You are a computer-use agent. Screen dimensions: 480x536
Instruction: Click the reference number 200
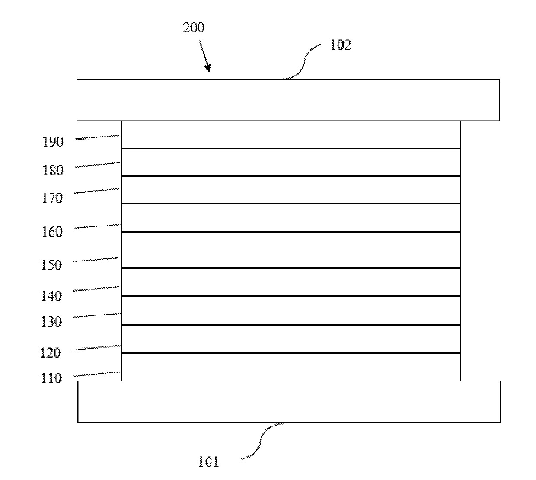pyautogui.click(x=194, y=28)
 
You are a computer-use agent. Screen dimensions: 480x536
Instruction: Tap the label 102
pyautogui.click(x=341, y=45)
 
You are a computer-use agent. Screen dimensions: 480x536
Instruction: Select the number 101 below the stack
pyautogui.click(x=208, y=462)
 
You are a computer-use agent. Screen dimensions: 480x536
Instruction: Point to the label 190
pyautogui.click(x=53, y=142)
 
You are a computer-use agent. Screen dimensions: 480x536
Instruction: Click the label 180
pyautogui.click(x=53, y=170)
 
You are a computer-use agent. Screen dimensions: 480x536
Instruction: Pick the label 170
pyautogui.click(x=52, y=198)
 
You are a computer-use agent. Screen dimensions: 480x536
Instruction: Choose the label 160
pyautogui.click(x=52, y=232)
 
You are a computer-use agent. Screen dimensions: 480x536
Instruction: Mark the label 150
pyautogui.click(x=51, y=264)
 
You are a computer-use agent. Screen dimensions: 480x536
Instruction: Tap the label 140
pyautogui.click(x=51, y=296)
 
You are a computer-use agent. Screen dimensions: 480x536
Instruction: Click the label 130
pyautogui.click(x=51, y=321)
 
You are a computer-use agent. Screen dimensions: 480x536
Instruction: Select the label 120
pyautogui.click(x=51, y=353)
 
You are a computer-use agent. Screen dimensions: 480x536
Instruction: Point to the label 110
pyautogui.click(x=51, y=378)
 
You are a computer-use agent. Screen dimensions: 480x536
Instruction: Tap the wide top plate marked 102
pyautogui.click(x=288, y=100)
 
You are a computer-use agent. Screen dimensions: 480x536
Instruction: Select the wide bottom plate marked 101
pyautogui.click(x=289, y=401)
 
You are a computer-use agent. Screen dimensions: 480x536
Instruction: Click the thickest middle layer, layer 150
pyautogui.click(x=291, y=250)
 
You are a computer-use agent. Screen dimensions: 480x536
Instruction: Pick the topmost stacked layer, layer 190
pyautogui.click(x=291, y=135)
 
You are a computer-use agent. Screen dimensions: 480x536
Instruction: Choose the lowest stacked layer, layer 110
pyautogui.click(x=291, y=367)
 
